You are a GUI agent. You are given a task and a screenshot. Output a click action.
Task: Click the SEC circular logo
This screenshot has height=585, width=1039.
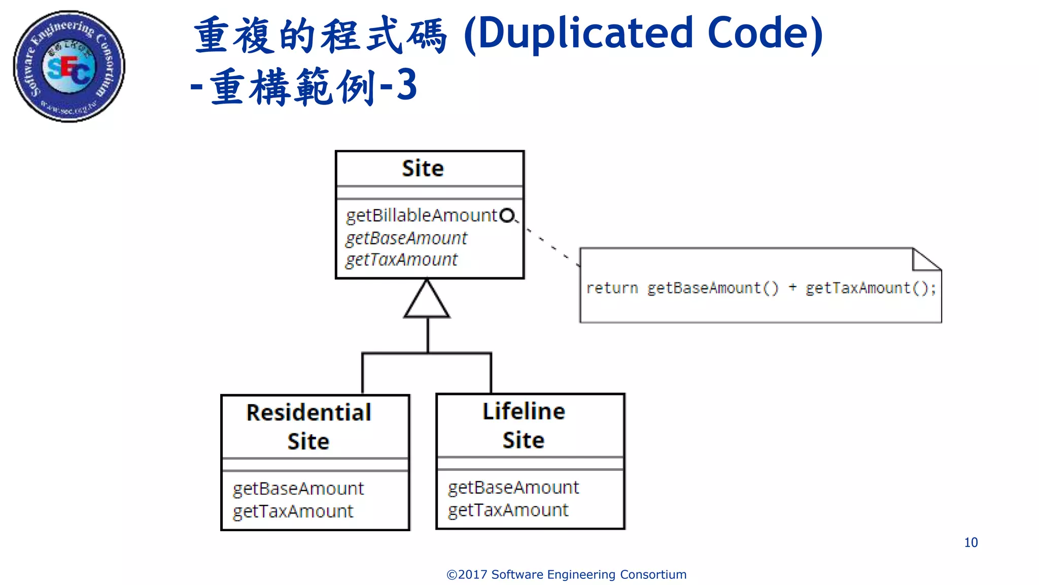coord(69,66)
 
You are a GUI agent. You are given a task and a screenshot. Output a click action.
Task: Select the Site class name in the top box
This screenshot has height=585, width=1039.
coord(423,169)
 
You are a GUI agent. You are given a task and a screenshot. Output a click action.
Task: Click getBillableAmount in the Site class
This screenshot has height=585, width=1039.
coord(421,216)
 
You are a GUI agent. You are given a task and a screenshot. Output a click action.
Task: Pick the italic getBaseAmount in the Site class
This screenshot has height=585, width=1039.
coord(406,238)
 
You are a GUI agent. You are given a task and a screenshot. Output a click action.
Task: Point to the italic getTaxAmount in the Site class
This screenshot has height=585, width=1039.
coord(401,260)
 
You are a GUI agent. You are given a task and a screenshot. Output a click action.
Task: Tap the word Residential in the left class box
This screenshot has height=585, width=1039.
coord(308,412)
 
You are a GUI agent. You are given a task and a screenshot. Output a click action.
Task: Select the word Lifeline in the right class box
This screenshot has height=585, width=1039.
coord(524,411)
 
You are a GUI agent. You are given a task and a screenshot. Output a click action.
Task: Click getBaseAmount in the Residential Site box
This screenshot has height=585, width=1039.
coord(298,489)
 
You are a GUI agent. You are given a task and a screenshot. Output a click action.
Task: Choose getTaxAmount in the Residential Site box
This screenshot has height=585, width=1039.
coord(293,511)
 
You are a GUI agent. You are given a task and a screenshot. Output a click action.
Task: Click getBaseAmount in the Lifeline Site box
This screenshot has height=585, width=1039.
coord(513,487)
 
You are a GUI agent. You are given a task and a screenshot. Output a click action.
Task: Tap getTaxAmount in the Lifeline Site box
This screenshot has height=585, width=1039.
coord(508,510)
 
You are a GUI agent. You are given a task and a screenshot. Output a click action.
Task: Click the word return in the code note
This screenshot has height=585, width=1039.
coord(612,288)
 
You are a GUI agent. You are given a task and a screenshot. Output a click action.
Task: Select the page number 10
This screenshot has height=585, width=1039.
coord(971,542)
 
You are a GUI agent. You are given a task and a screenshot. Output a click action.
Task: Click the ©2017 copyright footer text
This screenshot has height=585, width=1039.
coord(566,574)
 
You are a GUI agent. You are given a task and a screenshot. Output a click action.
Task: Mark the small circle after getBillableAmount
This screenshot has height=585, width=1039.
coord(507,216)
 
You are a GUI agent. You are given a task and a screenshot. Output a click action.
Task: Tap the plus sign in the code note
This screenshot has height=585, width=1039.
coord(792,287)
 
